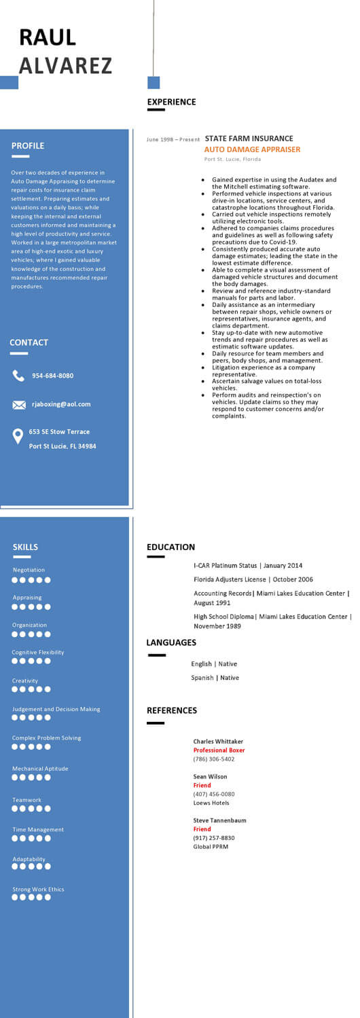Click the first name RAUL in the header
(x=48, y=37)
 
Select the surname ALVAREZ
(x=65, y=65)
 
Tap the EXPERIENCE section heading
(x=171, y=102)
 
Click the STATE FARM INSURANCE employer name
(x=249, y=139)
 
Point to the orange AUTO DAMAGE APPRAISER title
(x=252, y=149)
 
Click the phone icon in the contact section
(x=18, y=376)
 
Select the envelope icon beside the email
(x=19, y=405)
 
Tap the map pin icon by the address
(x=18, y=437)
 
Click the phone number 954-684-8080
(x=52, y=376)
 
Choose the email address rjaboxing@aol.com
(x=61, y=404)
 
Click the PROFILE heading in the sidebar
(x=28, y=145)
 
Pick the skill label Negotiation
(x=29, y=570)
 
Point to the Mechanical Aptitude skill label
(x=40, y=768)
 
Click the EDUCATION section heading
(x=170, y=547)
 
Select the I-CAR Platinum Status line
(x=248, y=565)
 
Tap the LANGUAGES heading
(x=171, y=642)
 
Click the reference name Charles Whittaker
(x=218, y=741)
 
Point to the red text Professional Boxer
(x=219, y=750)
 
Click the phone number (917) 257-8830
(x=214, y=837)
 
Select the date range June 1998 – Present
(x=173, y=139)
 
